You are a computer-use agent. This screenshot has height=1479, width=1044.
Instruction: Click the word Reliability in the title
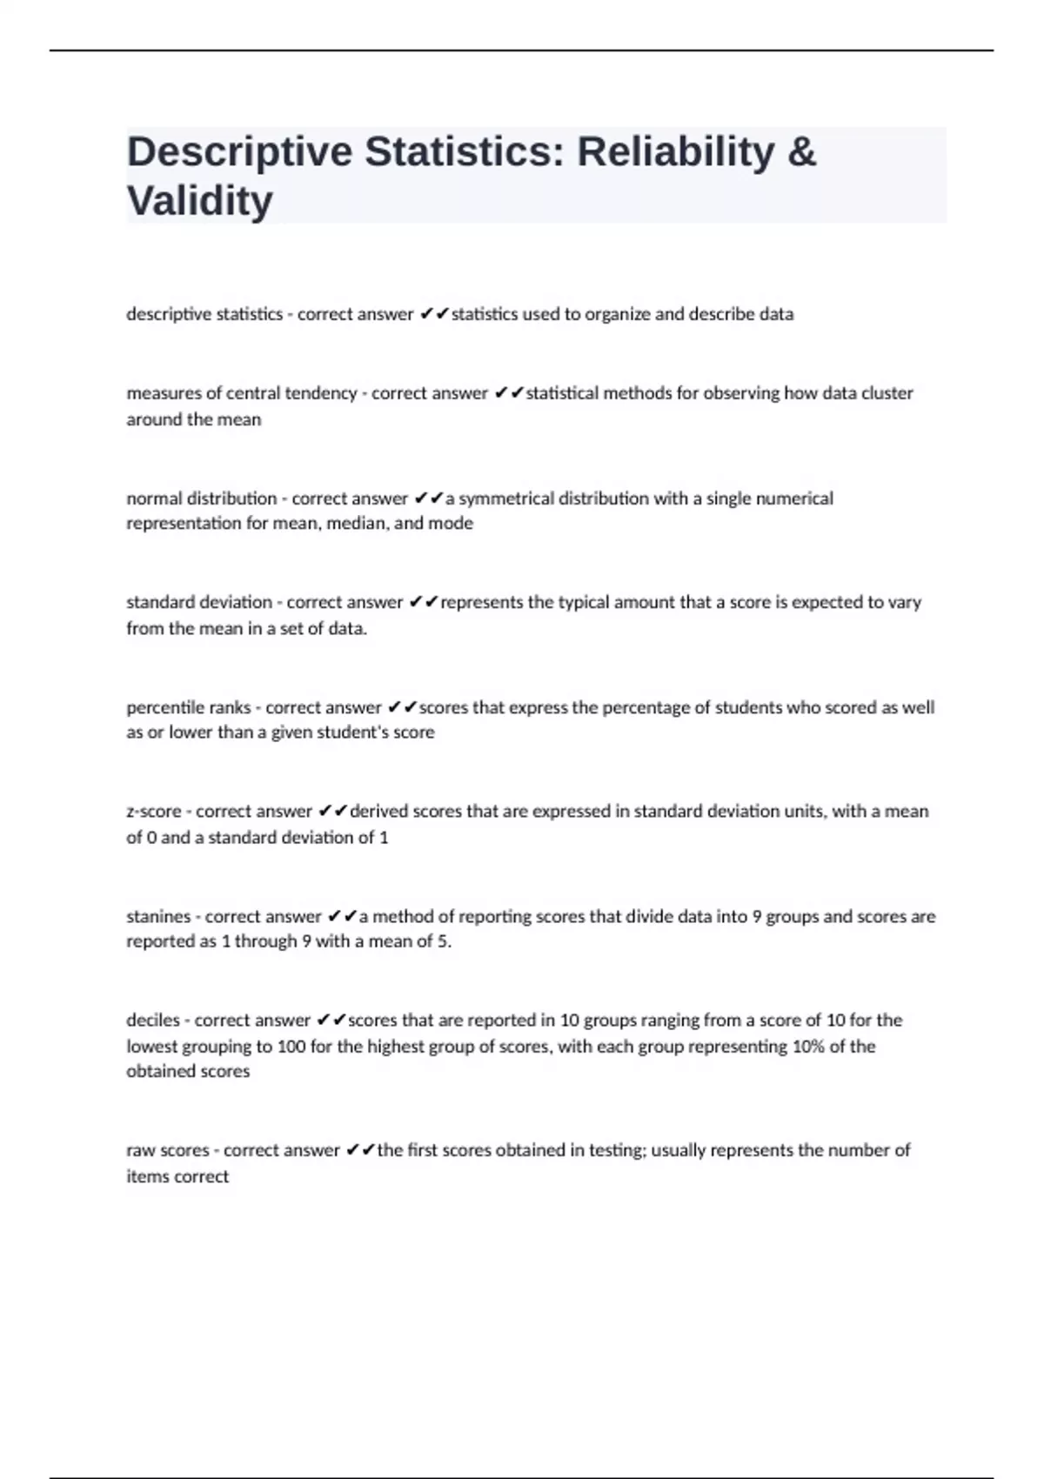pyautogui.click(x=675, y=151)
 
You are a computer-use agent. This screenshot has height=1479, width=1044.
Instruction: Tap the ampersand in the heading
pyautogui.click(x=801, y=151)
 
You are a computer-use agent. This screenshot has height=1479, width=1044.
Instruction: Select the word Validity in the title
pyautogui.click(x=199, y=201)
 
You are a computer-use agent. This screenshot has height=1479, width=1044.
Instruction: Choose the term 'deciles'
pyautogui.click(x=153, y=1020)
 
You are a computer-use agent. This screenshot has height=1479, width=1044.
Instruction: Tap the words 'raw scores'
pyautogui.click(x=168, y=1150)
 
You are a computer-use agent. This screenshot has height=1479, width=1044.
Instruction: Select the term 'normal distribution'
pyautogui.click(x=201, y=499)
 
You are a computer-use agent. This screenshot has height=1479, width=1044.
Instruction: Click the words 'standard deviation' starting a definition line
pyautogui.click(x=199, y=602)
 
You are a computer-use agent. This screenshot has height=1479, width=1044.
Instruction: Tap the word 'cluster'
pyautogui.click(x=887, y=393)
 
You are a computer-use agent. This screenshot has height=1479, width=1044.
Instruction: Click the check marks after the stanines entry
pyautogui.click(x=342, y=916)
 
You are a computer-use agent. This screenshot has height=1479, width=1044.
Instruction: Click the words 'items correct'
pyautogui.click(x=177, y=1176)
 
